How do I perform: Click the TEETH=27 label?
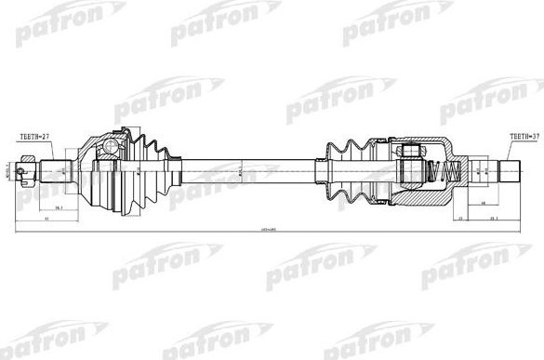pos(34,137)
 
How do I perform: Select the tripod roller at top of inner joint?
pos(410,151)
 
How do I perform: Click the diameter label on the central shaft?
pos(239,171)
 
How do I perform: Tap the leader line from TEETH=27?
pos(51,151)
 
